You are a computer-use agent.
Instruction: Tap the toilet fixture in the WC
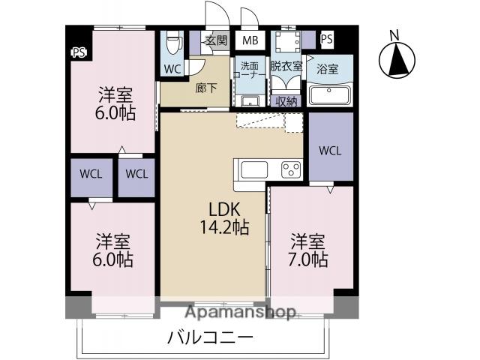173,42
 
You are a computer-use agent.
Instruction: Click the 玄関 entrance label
217,40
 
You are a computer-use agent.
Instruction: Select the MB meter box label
248,40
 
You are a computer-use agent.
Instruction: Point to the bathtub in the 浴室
330,96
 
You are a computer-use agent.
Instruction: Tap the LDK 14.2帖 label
223,216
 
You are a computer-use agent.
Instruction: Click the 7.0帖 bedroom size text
309,259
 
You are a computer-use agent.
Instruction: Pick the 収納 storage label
286,100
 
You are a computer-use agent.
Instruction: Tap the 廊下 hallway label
206,87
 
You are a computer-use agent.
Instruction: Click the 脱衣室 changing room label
286,66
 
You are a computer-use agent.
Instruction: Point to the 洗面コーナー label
248,70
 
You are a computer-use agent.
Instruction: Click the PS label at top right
327,39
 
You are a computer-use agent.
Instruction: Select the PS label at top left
78,52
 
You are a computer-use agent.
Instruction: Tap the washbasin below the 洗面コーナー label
250,100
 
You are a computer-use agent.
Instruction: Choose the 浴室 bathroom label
328,69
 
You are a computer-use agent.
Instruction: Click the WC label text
172,69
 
